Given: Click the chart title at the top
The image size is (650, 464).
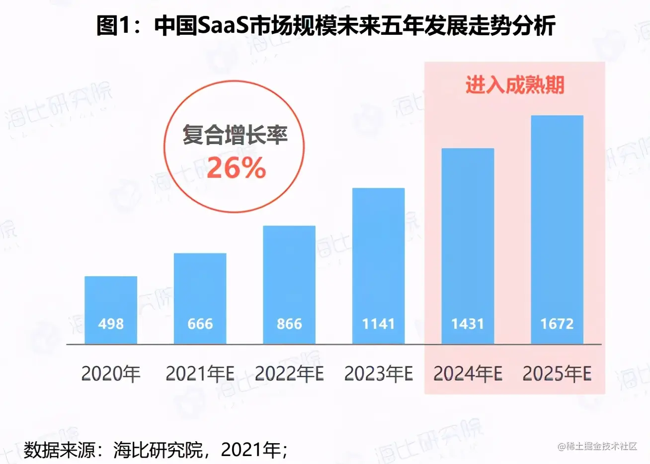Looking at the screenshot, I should (325, 26).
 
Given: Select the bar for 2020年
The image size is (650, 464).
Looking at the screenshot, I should (111, 298).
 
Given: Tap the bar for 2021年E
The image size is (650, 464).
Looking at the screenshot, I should (200, 288).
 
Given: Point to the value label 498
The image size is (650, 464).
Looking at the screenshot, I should (111, 324).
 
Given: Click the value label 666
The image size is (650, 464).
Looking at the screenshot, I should (200, 324).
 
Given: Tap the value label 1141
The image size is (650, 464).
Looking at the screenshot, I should (378, 324).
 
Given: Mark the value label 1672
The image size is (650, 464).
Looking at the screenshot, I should (557, 324).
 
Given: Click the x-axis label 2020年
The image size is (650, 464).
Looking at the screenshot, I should (111, 374).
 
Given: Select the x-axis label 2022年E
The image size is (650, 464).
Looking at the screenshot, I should (289, 374).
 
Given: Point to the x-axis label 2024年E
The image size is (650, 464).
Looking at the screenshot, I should (468, 374).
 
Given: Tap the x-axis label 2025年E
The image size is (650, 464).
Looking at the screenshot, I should (557, 374).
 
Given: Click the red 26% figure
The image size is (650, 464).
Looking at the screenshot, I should (236, 168).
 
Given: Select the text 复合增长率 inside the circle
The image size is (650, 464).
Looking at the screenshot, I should (235, 135).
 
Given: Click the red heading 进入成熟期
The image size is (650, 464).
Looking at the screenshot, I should (515, 85).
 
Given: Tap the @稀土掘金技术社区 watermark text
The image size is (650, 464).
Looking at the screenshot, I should (597, 446).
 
